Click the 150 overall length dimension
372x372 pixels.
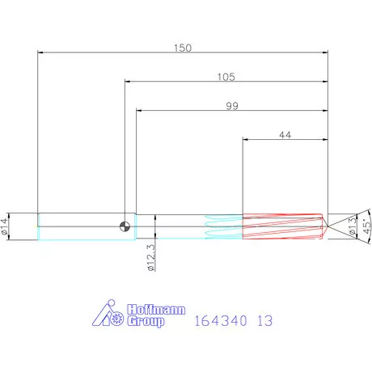183,48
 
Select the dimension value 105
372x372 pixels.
226,77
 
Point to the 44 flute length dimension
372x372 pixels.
285,135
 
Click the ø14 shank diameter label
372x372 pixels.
7,226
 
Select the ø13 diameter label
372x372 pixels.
351,226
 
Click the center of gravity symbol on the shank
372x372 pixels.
125,226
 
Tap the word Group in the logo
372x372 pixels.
145,321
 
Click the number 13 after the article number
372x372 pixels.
264,321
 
